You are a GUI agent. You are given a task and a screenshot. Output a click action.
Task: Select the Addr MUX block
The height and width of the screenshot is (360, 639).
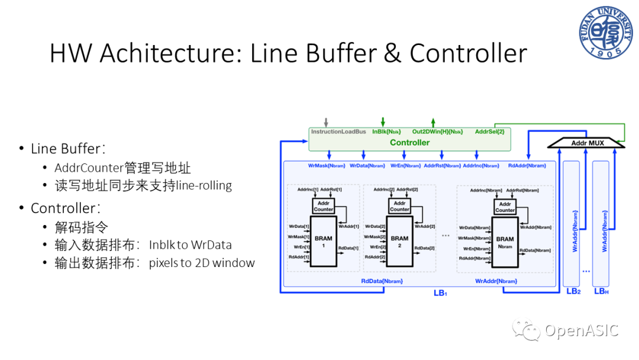click(x=585, y=143)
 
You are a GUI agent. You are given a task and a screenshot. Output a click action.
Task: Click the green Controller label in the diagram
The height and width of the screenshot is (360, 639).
click(x=409, y=143)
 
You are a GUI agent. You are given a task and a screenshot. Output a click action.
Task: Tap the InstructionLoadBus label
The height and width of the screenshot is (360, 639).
click(x=338, y=131)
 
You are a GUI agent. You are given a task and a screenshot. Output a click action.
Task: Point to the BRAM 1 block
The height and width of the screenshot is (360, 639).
click(x=324, y=241)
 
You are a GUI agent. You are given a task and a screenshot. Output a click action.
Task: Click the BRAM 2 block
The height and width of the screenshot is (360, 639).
click(x=400, y=241)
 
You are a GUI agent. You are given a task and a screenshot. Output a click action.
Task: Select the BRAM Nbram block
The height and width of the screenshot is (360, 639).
click(x=505, y=242)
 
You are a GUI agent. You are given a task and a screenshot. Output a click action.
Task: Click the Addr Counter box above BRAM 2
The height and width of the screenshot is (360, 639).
click(x=399, y=206)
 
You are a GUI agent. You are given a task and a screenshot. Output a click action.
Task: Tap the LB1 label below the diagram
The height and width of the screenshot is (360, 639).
click(x=440, y=292)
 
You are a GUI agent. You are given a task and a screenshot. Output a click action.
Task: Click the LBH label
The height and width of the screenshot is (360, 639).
click(x=602, y=291)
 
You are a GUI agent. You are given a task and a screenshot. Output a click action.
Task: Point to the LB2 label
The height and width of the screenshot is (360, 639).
click(x=573, y=291)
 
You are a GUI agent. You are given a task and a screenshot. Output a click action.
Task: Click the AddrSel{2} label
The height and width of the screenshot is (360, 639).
click(x=489, y=131)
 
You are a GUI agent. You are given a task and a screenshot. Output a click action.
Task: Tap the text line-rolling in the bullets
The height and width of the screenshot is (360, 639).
click(x=204, y=185)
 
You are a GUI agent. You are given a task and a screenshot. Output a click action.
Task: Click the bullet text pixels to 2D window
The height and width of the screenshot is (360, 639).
click(x=202, y=262)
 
